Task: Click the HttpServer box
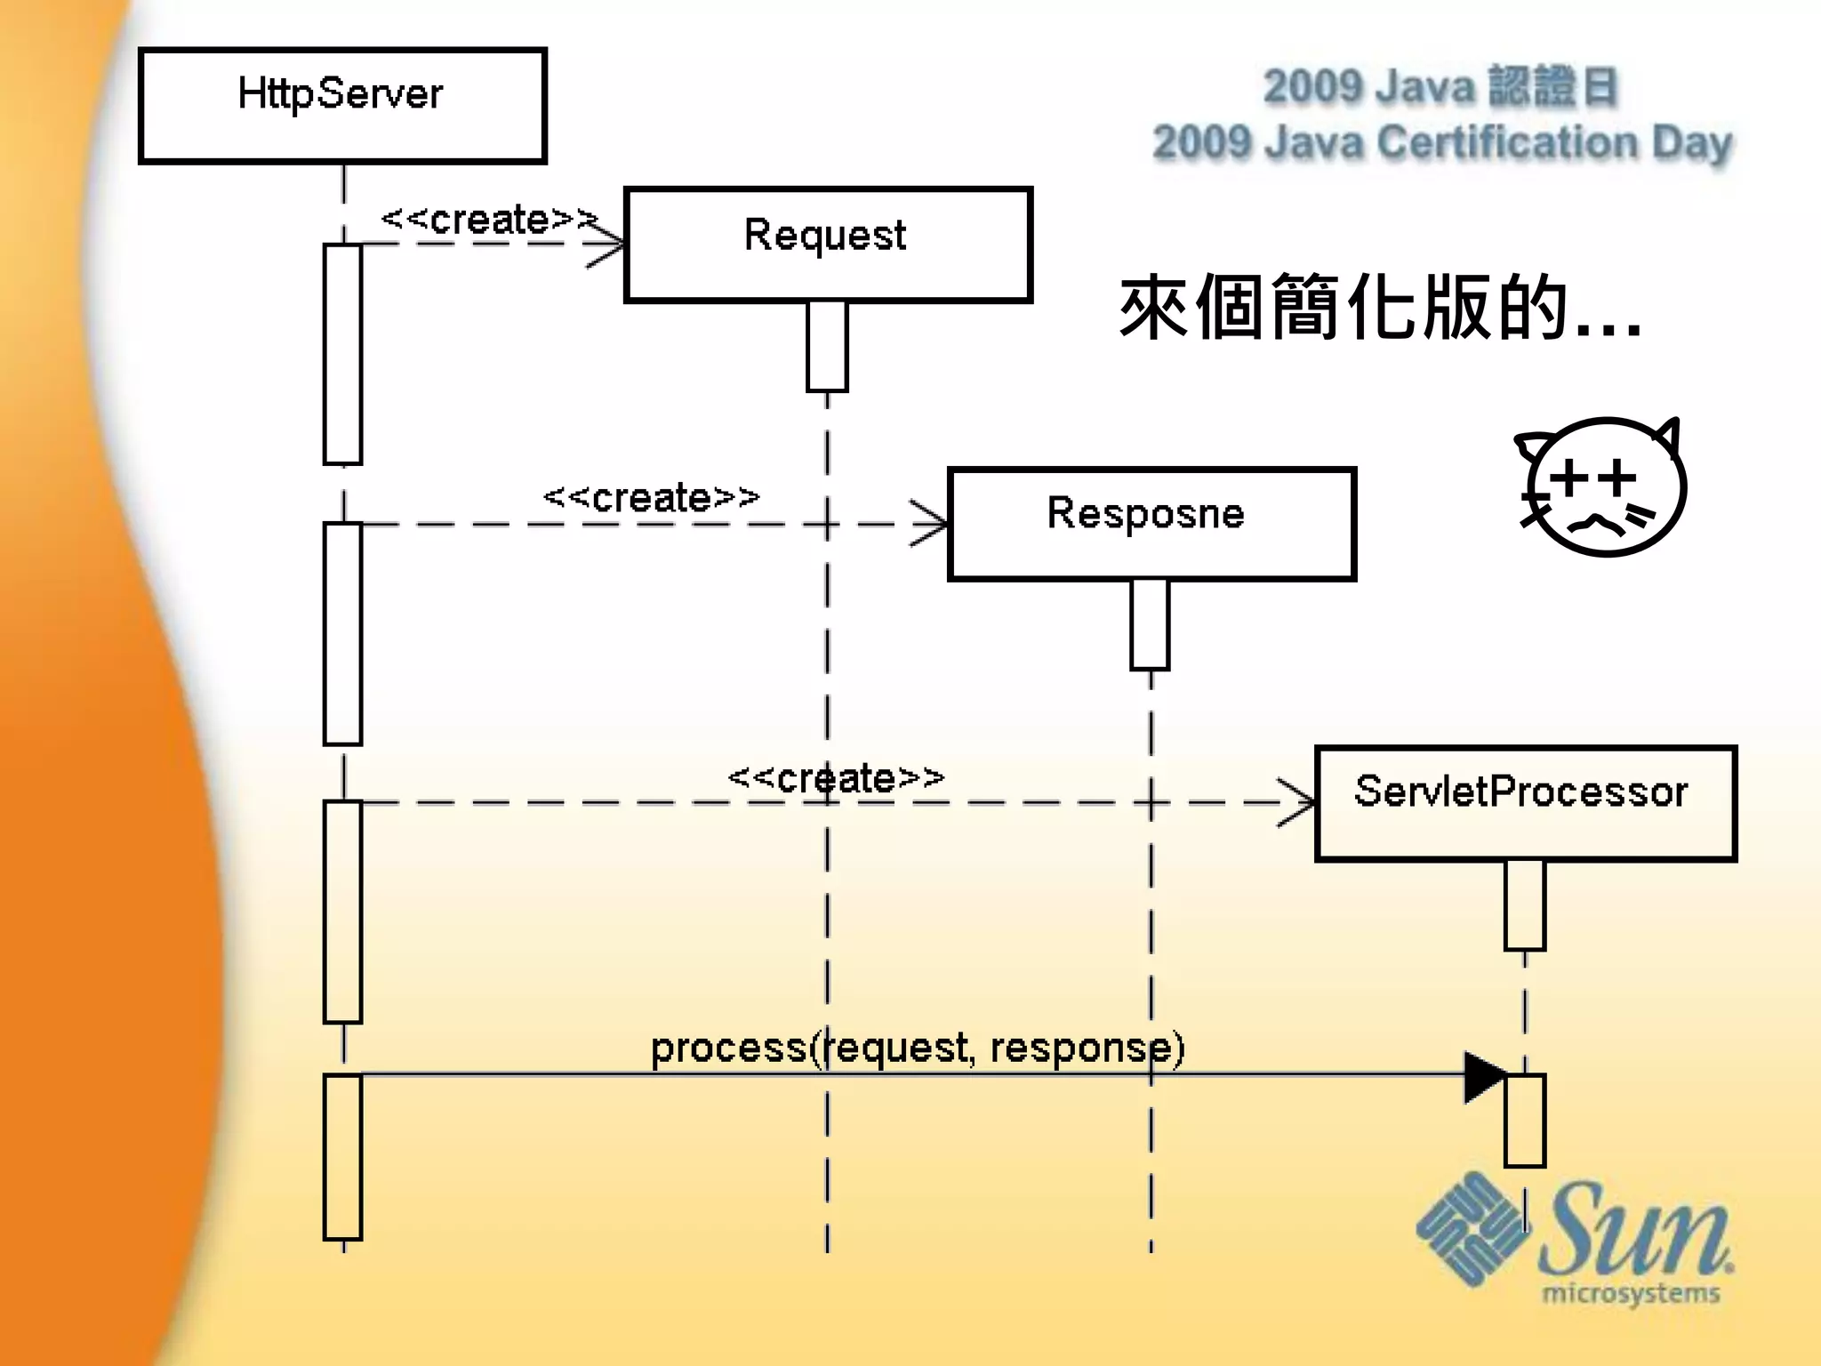point(342,106)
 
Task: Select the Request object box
point(828,245)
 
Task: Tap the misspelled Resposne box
point(1151,524)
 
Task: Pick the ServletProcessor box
point(1525,803)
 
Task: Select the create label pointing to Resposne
point(652,498)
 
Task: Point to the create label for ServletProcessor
point(836,778)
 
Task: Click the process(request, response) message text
point(918,1048)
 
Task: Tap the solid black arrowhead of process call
point(1483,1077)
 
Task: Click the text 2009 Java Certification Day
point(1442,143)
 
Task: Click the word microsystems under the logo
point(1631,1293)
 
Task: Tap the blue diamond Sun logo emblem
point(1472,1228)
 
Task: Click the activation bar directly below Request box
point(827,346)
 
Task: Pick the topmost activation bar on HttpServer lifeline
point(342,354)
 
